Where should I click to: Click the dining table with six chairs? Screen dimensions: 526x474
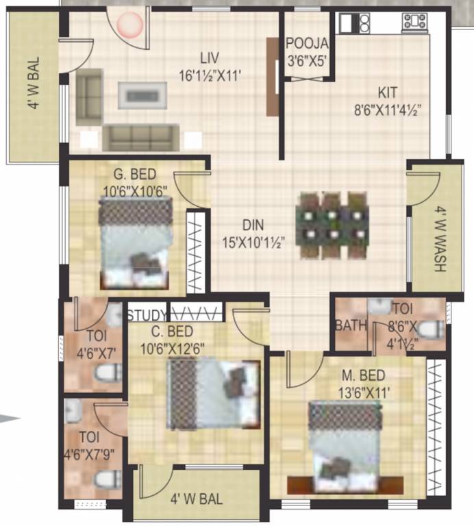pyautogui.click(x=334, y=225)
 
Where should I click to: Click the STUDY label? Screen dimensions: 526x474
pyautogui.click(x=147, y=316)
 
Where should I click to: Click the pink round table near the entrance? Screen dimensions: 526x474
pyautogui.click(x=129, y=25)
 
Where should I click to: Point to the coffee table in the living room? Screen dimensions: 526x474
pyautogui.click(x=142, y=95)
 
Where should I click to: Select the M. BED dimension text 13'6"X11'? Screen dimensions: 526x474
pyautogui.click(x=364, y=392)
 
